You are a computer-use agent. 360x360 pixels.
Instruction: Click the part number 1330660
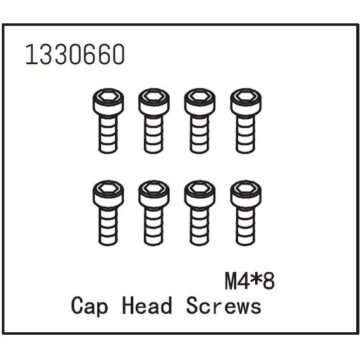75,54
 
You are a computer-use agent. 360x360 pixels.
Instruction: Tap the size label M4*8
250,282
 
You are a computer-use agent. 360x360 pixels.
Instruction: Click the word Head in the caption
147,305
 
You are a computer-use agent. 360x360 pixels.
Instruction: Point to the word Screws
224,306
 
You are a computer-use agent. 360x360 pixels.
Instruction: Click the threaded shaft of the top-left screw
108,134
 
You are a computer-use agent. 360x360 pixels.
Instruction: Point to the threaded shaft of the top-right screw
246,134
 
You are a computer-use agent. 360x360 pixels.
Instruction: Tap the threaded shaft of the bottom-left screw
108,226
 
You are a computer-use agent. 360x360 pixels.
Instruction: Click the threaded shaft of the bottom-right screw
246,226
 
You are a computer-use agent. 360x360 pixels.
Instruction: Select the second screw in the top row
154,121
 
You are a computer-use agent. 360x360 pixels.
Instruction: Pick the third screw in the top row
200,121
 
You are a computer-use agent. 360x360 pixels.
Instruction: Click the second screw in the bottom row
154,213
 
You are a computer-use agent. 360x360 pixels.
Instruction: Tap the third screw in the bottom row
200,213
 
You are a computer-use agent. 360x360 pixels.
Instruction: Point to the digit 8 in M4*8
268,282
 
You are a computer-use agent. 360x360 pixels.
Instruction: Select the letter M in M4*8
231,282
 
